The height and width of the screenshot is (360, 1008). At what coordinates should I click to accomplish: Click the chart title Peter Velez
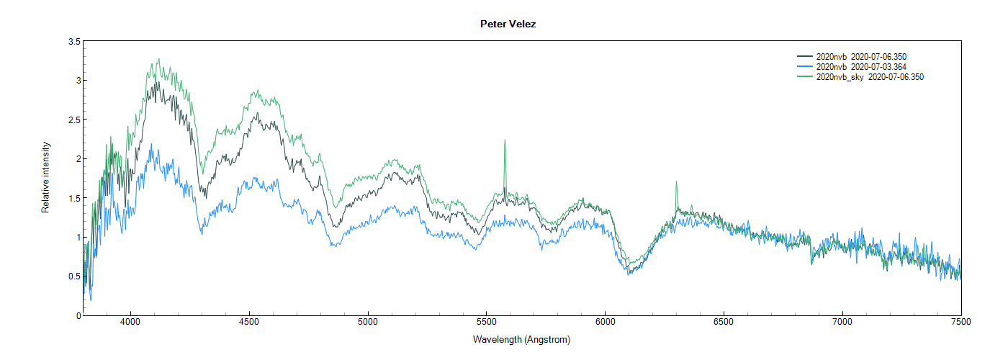508,24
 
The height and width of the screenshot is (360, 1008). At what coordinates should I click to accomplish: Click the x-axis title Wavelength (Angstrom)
521,339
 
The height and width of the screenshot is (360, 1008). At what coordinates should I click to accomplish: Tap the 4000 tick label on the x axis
130,324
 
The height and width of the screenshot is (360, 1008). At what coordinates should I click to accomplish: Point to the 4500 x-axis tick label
249,324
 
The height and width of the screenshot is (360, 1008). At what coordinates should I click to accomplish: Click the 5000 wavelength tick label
368,324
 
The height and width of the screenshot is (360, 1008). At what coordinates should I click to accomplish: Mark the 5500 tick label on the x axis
487,324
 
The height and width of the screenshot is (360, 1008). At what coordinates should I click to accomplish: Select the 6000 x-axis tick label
605,324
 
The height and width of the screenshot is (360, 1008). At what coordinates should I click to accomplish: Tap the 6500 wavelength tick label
724,324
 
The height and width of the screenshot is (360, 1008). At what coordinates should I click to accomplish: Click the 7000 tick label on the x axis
842,324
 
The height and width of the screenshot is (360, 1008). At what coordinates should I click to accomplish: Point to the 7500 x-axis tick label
960,324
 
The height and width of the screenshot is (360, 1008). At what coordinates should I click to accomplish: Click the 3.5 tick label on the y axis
74,42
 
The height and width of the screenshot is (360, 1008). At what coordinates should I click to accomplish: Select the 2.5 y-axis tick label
74,120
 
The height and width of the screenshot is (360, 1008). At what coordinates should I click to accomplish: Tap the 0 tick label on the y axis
77,315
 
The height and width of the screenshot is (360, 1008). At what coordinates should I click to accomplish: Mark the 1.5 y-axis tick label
74,198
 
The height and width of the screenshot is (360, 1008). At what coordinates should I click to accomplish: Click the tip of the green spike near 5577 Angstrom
505,140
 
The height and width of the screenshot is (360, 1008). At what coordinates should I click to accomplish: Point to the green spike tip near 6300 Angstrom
676,182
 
